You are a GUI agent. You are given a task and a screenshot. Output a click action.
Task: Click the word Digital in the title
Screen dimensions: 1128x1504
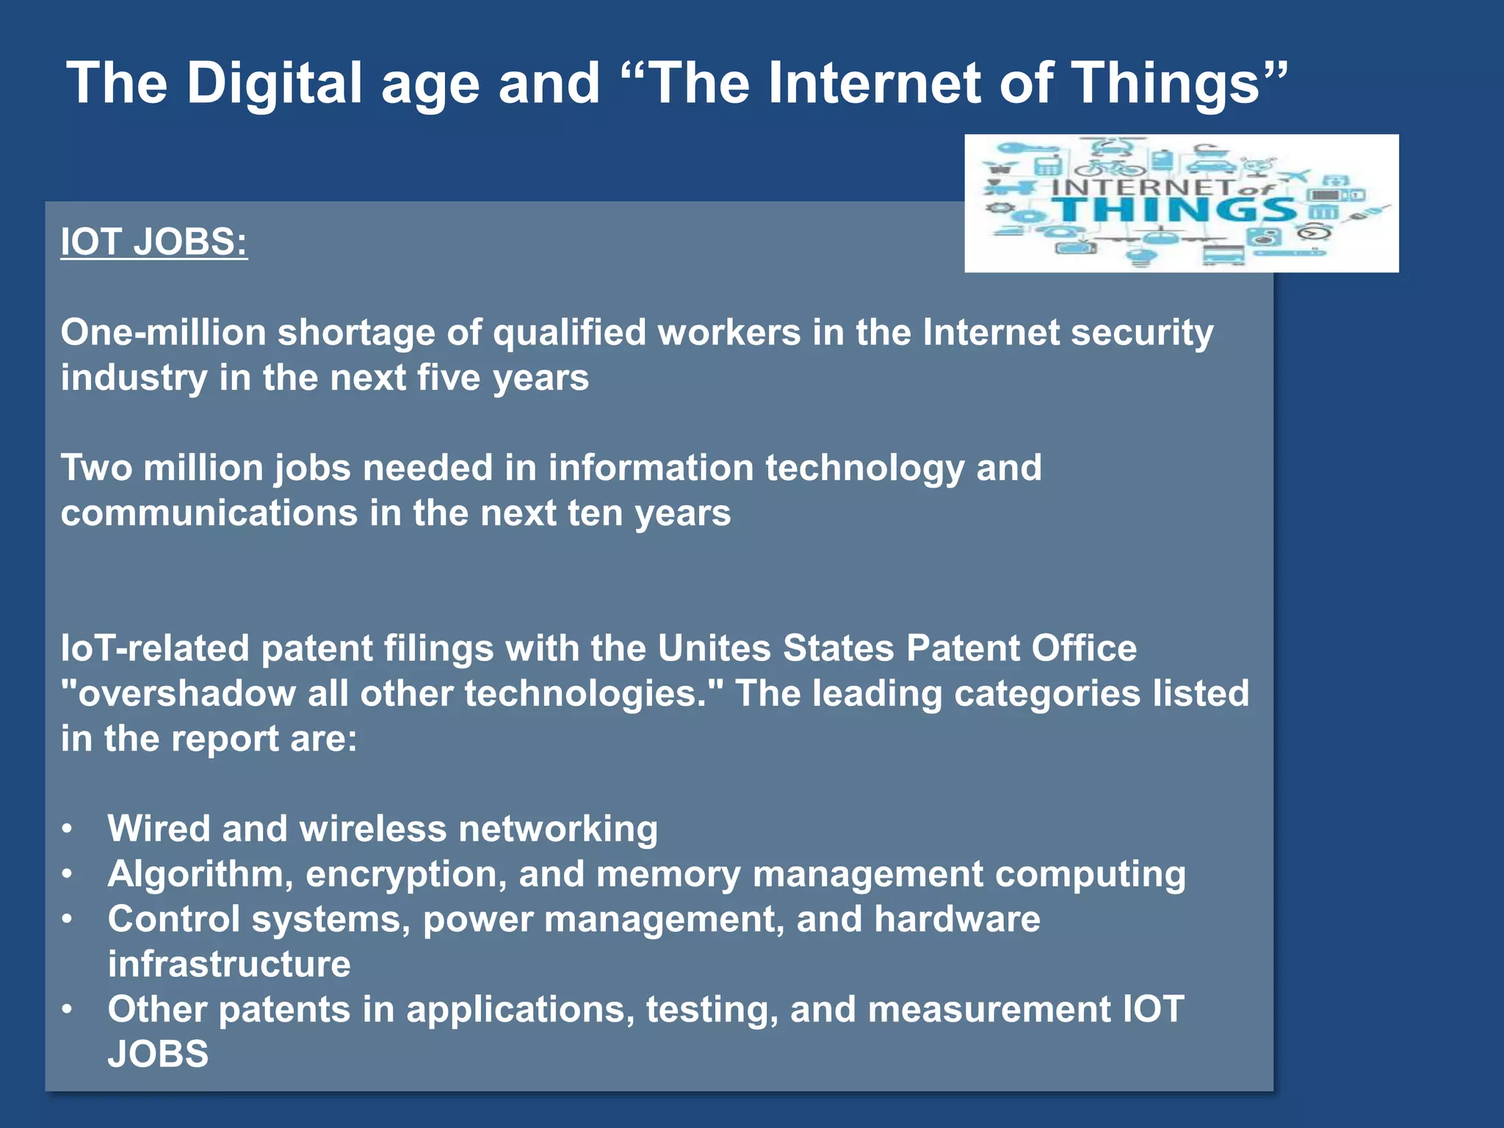coord(274,82)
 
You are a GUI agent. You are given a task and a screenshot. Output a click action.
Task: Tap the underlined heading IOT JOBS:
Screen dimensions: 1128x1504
coord(154,242)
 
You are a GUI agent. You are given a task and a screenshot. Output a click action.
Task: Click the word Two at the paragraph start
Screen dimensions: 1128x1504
coord(95,468)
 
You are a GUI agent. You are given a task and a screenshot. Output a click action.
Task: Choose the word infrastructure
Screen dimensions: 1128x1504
coord(229,964)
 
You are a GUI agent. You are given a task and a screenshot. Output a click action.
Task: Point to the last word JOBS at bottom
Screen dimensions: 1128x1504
coord(158,1055)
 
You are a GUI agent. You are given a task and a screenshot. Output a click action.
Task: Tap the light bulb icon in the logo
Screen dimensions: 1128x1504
coord(1140,257)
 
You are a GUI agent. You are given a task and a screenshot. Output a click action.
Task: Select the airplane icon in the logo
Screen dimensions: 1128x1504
coord(1294,176)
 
